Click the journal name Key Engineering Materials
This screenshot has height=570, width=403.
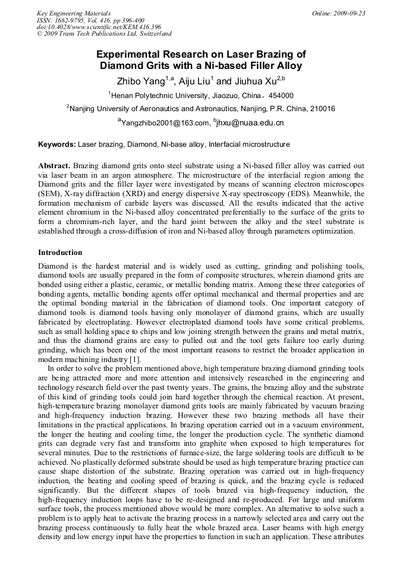coord(74,13)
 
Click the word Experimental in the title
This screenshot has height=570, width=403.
coord(131,54)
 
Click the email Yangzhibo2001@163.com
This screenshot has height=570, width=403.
coord(166,123)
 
